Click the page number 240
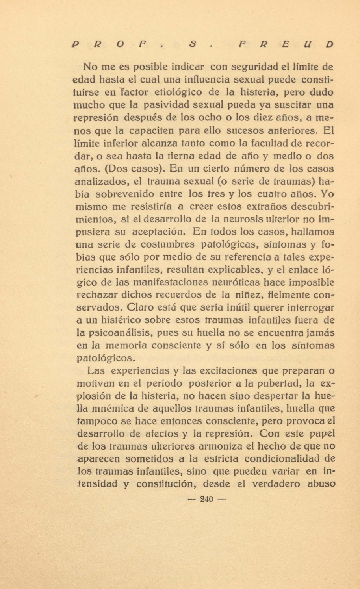[x=206, y=499]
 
